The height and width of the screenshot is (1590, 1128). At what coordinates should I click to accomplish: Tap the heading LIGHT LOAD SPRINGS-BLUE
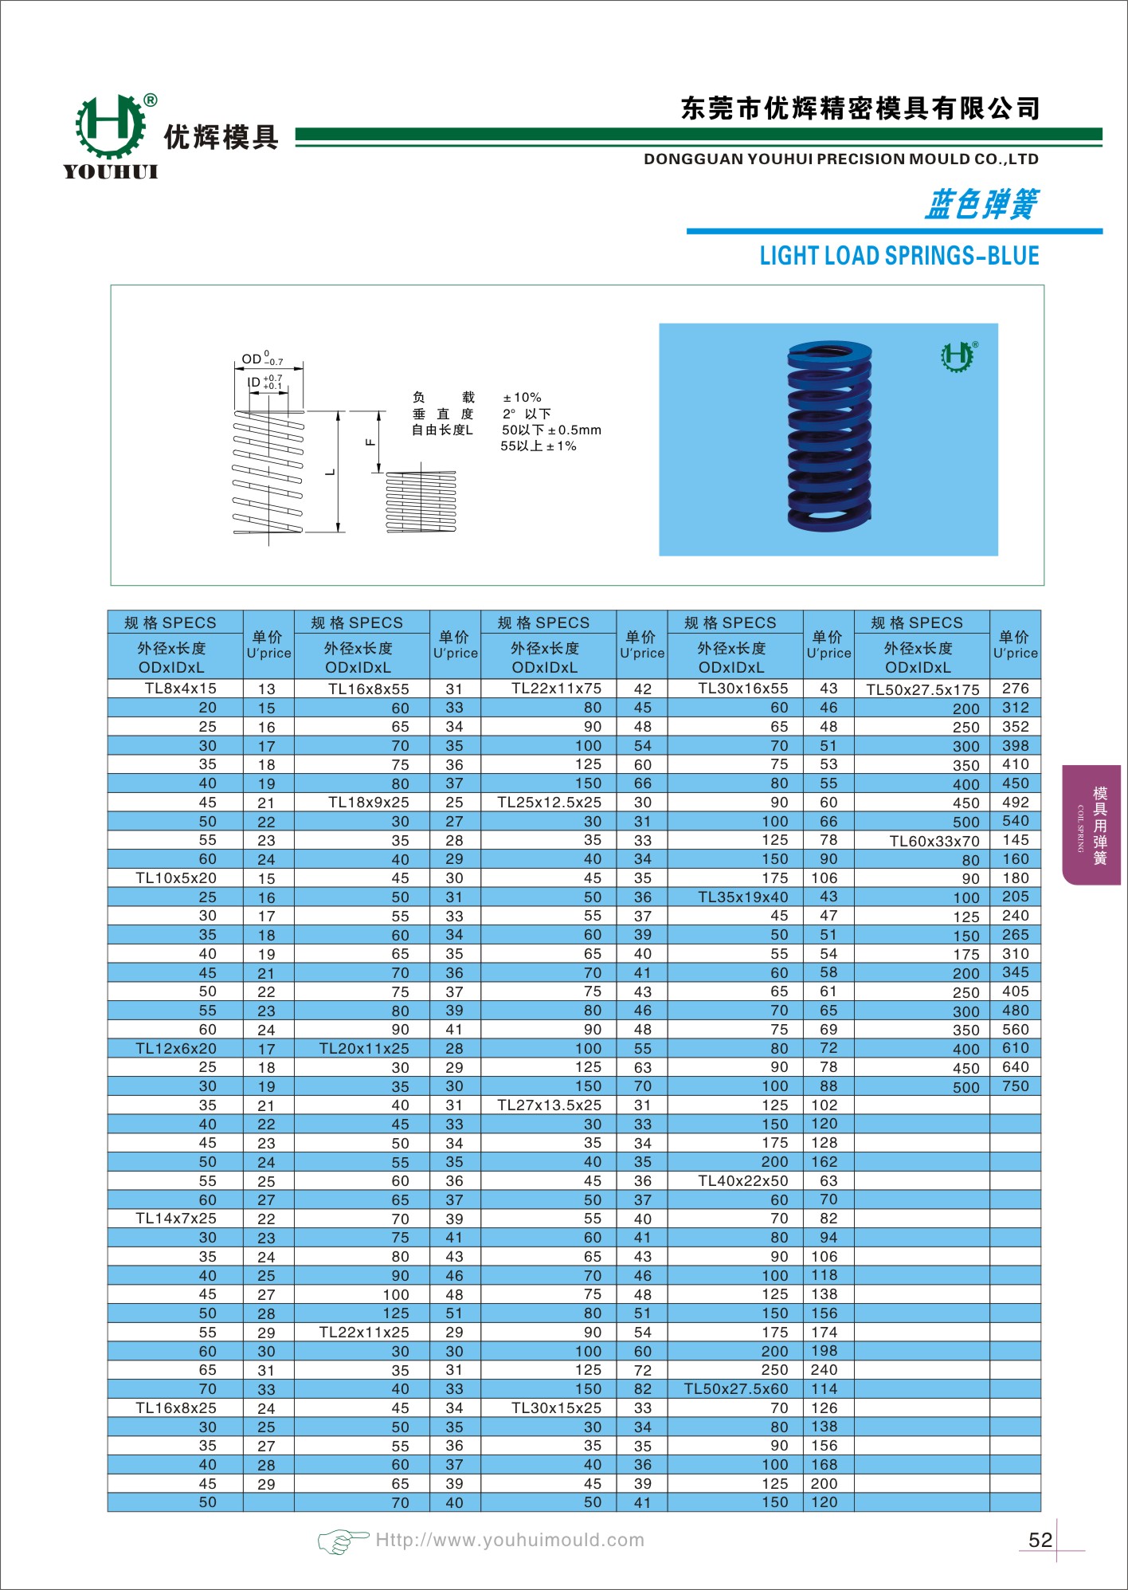point(899,256)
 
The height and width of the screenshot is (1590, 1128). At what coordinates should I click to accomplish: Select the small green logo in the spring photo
point(958,356)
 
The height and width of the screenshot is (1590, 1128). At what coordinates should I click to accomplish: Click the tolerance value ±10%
point(522,397)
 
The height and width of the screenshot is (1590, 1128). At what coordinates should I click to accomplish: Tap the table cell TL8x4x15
point(180,689)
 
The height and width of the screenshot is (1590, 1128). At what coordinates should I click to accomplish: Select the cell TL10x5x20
point(176,878)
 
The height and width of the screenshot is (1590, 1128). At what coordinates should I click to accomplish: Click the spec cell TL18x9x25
point(368,803)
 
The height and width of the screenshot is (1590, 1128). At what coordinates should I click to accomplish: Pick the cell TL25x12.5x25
point(549,803)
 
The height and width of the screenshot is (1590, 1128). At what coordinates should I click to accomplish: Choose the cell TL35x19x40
point(742,897)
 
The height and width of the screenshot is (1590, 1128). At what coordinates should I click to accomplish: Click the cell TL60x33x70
point(934,841)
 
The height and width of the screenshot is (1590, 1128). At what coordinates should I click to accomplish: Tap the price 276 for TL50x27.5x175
point(1015,689)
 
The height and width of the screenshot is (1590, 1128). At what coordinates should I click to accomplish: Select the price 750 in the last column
point(1015,1086)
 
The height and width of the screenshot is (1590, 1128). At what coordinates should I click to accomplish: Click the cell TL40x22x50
point(742,1181)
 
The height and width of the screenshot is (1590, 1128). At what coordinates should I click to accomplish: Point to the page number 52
point(1040,1540)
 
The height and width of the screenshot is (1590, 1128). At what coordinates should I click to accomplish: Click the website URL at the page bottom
point(510,1541)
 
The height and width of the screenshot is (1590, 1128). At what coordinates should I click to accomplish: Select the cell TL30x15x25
point(556,1408)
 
